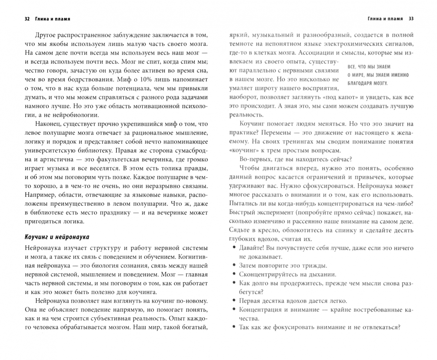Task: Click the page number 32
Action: click(28, 19)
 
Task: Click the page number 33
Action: click(411, 19)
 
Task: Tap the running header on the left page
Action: click(52, 19)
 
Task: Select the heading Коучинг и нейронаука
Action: click(57, 237)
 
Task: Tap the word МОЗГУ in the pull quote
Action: click(380, 83)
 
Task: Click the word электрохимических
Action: click(340, 44)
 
